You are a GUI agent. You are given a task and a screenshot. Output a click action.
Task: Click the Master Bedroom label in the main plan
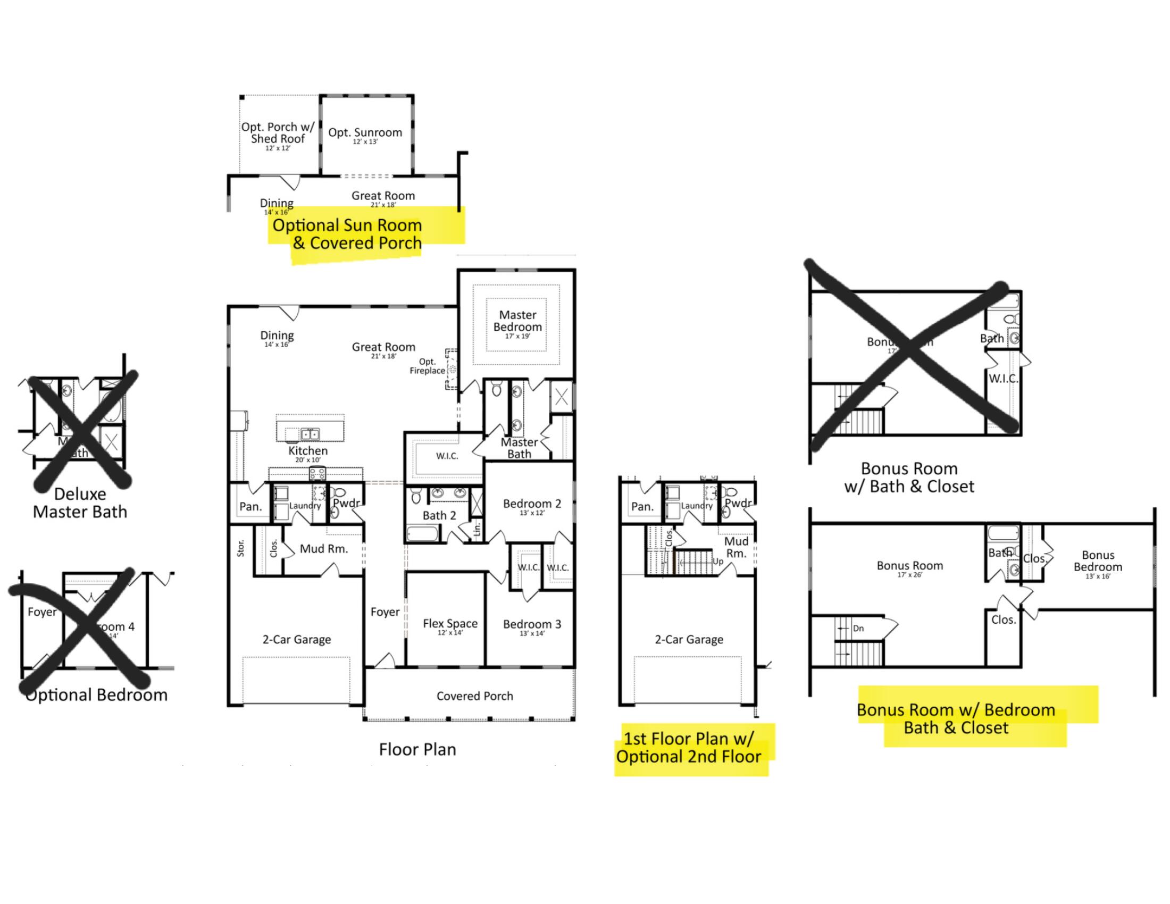[x=517, y=321]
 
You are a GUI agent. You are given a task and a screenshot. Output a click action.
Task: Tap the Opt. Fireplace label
[x=428, y=366]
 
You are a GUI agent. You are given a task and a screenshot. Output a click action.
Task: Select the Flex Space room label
[x=450, y=624]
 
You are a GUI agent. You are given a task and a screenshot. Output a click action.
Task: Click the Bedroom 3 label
[x=532, y=624]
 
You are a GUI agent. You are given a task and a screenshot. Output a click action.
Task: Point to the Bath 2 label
[x=439, y=516]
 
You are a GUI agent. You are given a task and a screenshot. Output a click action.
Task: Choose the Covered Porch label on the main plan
[x=474, y=696]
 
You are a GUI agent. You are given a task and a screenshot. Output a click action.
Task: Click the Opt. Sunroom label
[x=365, y=133]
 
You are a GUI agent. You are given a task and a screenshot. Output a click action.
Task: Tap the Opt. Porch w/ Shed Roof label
[x=278, y=133]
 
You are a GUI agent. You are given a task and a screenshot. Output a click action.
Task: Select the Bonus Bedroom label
[x=1098, y=561]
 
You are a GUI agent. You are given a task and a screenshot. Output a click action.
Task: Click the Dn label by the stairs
[x=858, y=629]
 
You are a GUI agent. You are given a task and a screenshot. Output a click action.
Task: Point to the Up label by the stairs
[x=718, y=561]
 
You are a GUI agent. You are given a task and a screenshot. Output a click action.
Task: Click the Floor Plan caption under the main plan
[x=417, y=749]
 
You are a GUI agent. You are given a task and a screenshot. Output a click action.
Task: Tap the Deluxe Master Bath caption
[x=80, y=503]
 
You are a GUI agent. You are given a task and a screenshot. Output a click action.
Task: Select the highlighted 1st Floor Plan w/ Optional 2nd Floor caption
[x=689, y=748]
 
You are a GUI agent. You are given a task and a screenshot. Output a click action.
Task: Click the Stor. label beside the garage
[x=240, y=548]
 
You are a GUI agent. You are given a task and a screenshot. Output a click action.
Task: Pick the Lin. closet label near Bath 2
[x=477, y=530]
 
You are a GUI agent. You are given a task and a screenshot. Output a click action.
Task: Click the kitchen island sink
[x=309, y=434]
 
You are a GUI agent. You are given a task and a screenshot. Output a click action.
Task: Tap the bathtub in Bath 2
[x=423, y=534]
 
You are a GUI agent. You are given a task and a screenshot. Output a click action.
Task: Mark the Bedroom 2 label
[x=532, y=504]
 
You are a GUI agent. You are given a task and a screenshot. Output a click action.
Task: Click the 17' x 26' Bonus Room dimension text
[x=909, y=575]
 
